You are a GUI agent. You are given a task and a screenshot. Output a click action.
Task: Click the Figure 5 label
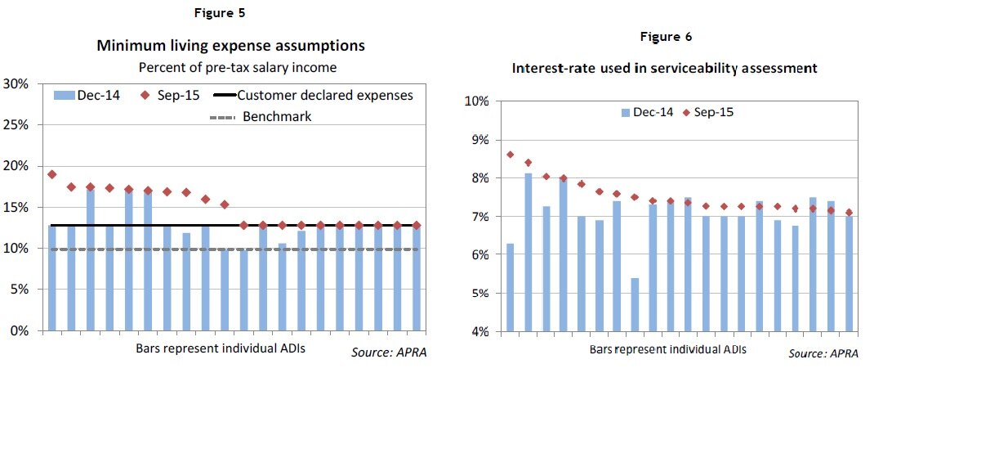(218, 13)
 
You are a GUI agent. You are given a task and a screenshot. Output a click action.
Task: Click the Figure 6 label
(667, 37)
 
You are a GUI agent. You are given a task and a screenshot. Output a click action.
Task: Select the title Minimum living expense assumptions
(230, 45)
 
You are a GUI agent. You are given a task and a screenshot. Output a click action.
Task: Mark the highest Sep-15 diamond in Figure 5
(51, 174)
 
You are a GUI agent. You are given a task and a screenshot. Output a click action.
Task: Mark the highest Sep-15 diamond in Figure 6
(511, 155)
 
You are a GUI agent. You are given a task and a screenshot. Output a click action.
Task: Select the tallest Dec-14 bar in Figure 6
(528, 252)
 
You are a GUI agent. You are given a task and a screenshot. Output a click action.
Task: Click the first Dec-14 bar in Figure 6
(511, 286)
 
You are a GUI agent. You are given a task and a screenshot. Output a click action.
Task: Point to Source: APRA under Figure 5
(389, 353)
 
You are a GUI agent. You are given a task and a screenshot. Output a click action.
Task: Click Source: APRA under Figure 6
(823, 353)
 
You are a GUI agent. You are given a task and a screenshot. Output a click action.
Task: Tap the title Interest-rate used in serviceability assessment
(664, 68)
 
